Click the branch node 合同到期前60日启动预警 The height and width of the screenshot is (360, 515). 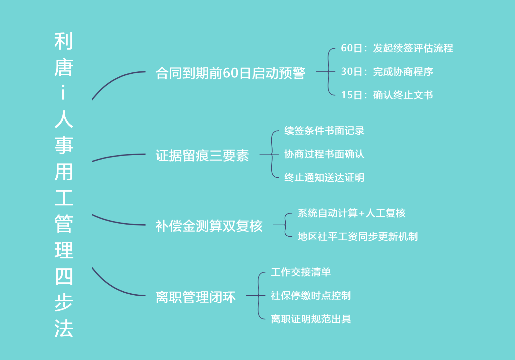[230, 73]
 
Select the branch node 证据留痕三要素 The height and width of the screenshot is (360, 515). [202, 156]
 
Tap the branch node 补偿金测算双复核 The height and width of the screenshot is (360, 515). [209, 226]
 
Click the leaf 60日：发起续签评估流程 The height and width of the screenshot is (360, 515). [397, 48]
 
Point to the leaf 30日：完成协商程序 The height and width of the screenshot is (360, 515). [387, 72]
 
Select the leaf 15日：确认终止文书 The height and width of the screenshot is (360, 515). [387, 95]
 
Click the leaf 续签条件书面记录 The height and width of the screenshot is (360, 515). [324, 131]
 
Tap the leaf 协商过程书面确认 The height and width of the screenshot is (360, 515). [324, 154]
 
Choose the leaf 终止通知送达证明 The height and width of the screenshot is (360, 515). [324, 178]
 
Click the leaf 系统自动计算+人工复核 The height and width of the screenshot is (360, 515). [351, 213]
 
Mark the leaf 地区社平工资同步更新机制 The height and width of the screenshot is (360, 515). [358, 237]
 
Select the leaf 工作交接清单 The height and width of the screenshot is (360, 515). [301, 272]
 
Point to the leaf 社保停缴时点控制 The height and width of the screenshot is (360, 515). [311, 296]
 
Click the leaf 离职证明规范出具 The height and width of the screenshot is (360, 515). [311, 319]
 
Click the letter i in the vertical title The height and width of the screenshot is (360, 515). [63, 93]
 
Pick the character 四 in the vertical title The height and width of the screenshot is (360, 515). [64, 276]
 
